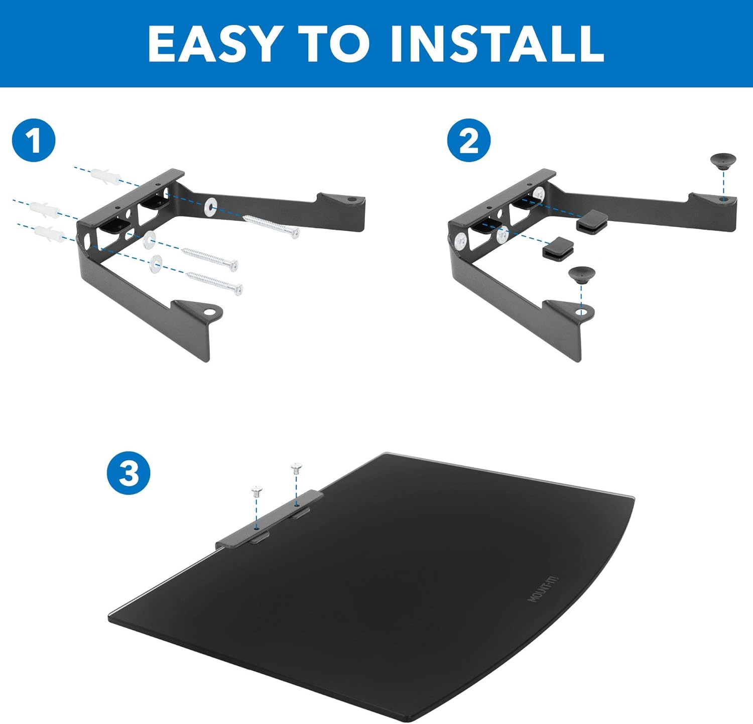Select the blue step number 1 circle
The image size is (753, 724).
tap(34, 141)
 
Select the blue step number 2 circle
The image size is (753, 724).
tap(469, 141)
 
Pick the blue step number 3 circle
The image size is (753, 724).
tap(129, 473)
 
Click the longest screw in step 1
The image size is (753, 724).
tap(271, 225)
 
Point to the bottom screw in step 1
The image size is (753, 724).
tap(214, 282)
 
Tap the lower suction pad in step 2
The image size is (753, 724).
tap(582, 275)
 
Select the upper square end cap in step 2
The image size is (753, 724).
tap(592, 221)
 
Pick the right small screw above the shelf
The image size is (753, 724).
tap(297, 468)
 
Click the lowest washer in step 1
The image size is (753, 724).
tap(156, 263)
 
